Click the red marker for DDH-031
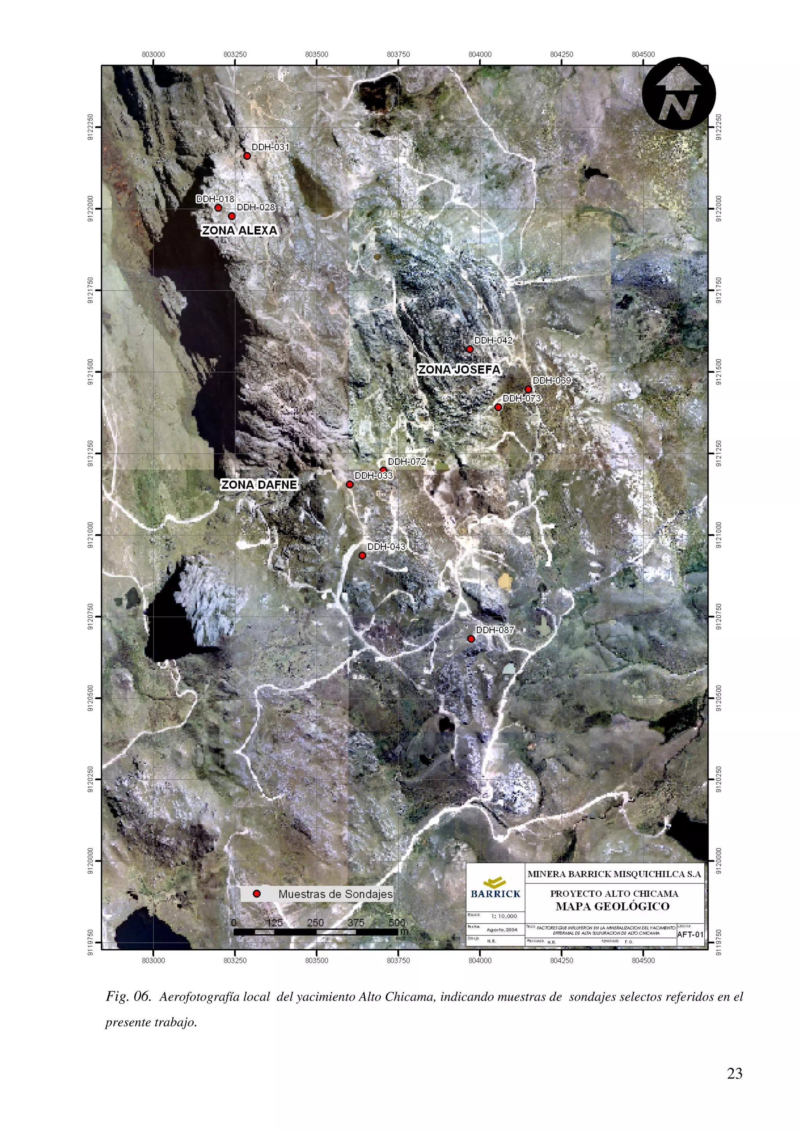pos(247,156)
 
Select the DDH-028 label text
pos(256,207)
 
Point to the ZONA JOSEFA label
pos(459,370)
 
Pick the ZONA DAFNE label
pos(259,485)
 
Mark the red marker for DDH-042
pos(470,349)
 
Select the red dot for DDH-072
pos(383,470)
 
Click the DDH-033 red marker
pos(350,485)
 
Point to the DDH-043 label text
pos(386,547)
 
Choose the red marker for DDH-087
pos(471,639)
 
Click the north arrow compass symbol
pos(679,94)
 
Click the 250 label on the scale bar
pos(316,923)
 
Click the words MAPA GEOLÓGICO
pos(612,906)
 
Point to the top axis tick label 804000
pos(480,54)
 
